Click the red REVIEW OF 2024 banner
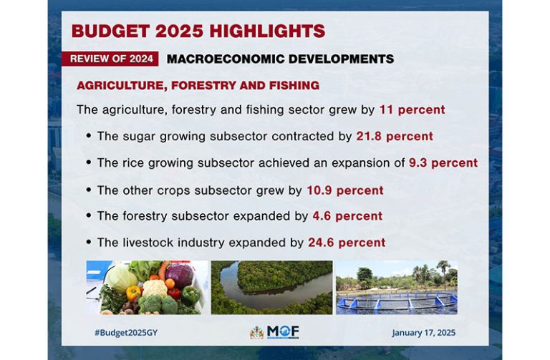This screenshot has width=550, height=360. point(110,59)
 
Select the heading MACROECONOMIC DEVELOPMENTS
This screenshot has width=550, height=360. point(280,59)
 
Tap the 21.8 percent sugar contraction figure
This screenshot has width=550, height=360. point(395,136)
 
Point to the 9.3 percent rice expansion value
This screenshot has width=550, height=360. point(443,162)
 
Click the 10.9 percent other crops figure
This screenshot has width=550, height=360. point(345,190)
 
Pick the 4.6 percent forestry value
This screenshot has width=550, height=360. point(347,216)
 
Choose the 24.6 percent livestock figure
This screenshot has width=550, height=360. point(347,243)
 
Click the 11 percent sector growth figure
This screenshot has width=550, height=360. point(412,110)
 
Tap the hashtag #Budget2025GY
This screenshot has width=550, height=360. point(126,333)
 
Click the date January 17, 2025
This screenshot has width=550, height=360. point(424,333)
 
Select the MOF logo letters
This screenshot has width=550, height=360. point(283,331)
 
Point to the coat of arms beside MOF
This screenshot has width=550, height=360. point(257,332)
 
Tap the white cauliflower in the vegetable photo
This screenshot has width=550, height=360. point(155,288)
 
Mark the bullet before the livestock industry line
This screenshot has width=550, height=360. point(88,242)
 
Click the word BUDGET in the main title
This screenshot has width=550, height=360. point(111,31)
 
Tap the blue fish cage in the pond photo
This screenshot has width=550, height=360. point(396,302)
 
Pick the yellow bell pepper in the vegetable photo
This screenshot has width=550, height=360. point(133,293)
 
